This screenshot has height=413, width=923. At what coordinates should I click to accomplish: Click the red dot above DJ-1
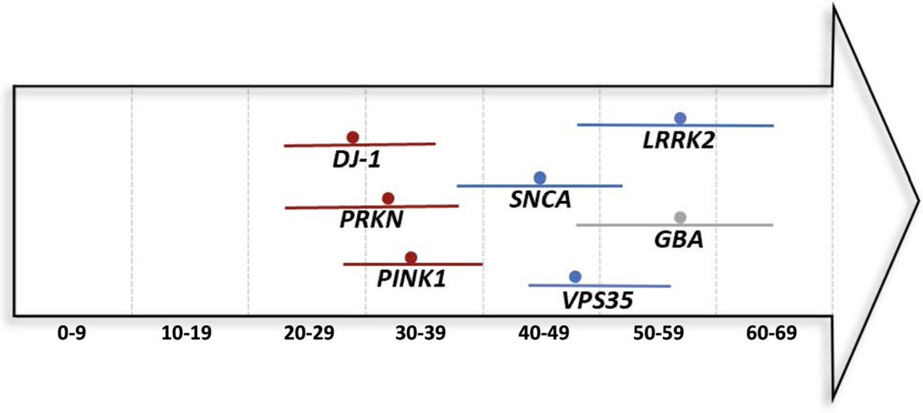point(352,137)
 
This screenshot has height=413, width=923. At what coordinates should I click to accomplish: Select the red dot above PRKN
point(388,198)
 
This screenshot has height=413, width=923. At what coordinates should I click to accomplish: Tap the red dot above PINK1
point(411,258)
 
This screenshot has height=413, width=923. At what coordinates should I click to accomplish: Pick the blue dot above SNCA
point(540,178)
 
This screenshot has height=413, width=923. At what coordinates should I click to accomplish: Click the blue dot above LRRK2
point(680,118)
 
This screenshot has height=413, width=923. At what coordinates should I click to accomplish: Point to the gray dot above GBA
point(679,217)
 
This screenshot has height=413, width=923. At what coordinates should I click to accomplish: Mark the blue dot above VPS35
point(575,277)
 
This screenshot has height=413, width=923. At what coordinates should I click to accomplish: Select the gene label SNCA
point(540,201)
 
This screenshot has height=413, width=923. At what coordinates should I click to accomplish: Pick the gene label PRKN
point(372,220)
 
